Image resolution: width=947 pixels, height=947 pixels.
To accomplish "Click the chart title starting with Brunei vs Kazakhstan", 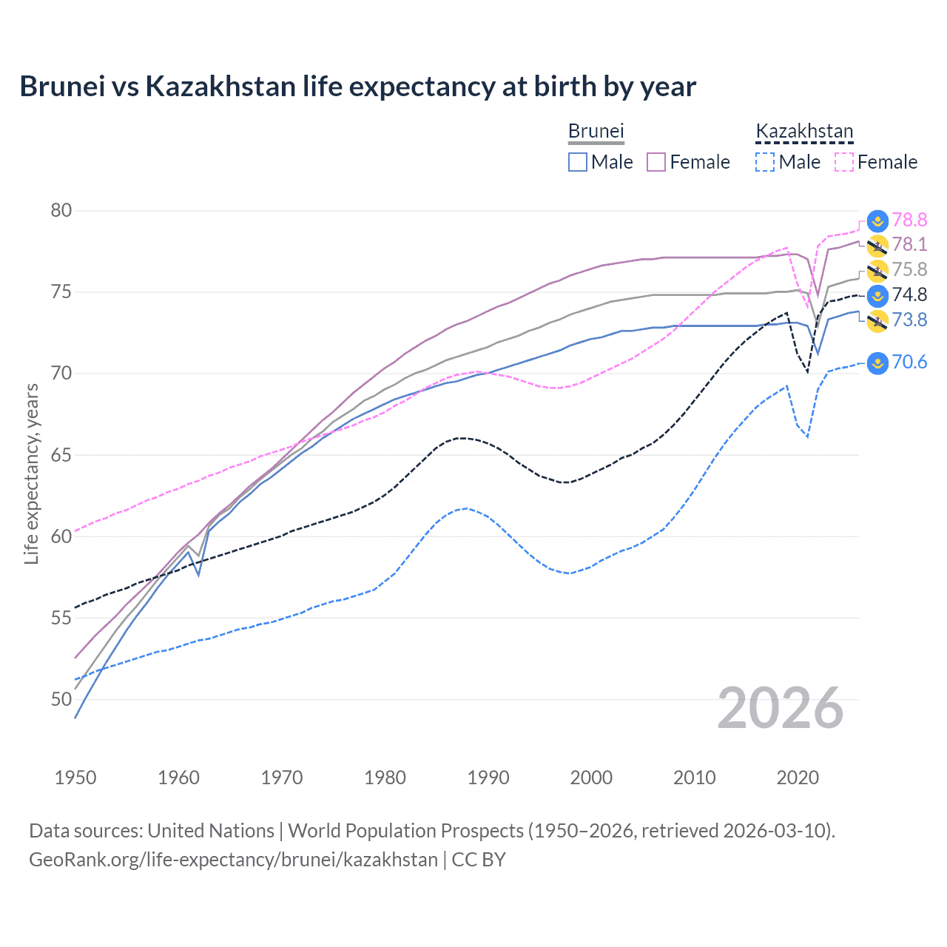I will tap(357, 87).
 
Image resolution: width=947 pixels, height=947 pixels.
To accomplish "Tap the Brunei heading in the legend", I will tap(596, 131).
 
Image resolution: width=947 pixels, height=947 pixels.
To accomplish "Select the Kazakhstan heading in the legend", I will tap(804, 131).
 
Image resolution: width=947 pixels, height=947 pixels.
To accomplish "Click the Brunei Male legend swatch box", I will tap(578, 162).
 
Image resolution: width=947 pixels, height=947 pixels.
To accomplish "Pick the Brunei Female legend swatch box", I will tap(656, 162).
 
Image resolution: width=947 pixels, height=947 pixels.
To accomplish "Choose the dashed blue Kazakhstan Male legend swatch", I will tap(765, 162).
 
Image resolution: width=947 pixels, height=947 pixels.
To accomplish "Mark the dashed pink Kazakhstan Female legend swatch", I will tap(844, 162).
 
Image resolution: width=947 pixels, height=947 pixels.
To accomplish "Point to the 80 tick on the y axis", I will tap(61, 211).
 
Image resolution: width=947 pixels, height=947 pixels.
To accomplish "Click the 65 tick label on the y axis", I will tap(61, 455).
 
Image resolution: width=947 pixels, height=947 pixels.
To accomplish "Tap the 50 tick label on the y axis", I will tap(61, 699).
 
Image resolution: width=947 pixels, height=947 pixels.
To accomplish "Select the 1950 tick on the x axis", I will tap(75, 778).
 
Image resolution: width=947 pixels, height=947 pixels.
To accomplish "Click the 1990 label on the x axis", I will tap(488, 778).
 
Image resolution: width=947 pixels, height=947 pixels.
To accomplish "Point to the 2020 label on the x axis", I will tap(798, 778).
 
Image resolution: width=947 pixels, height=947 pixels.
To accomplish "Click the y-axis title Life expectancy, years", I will tap(32, 473).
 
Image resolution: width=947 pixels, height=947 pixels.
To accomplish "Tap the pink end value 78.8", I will tap(909, 220).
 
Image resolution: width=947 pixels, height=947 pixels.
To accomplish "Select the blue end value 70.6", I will tap(909, 362).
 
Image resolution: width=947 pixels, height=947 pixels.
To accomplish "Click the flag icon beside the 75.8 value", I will tap(877, 270).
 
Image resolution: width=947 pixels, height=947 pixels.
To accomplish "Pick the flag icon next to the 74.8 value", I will tap(877, 295).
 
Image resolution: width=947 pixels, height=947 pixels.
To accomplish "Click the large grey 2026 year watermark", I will tap(781, 708).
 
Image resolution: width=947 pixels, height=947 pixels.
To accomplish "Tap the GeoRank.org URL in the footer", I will tap(233, 860).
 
